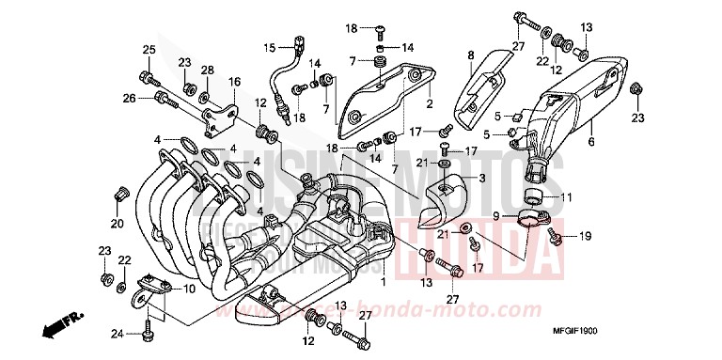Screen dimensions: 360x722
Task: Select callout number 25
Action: point(148,50)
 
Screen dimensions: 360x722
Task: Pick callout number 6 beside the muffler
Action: point(590,142)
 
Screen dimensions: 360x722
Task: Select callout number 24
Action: point(117,332)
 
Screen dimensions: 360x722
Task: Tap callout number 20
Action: point(117,224)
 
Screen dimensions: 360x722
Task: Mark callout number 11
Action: point(567,197)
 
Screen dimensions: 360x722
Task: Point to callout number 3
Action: point(481,178)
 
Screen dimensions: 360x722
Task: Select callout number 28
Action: point(207,71)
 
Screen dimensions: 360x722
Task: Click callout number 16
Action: point(233,82)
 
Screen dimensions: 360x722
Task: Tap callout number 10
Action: point(189,288)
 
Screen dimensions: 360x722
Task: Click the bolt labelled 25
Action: point(146,74)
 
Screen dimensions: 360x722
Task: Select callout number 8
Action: point(471,55)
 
